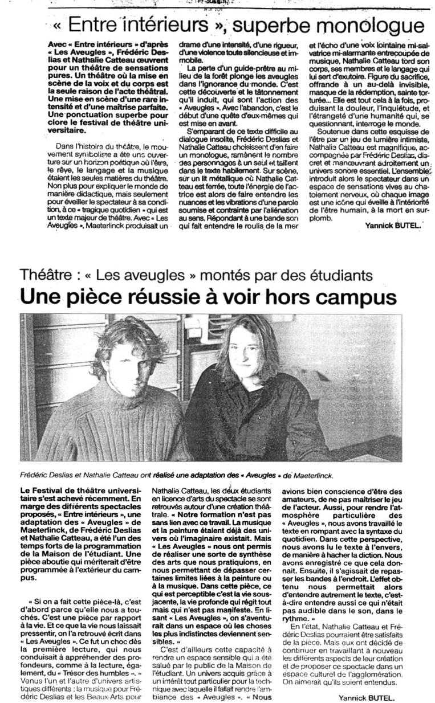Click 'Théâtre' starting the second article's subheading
[46, 276]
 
